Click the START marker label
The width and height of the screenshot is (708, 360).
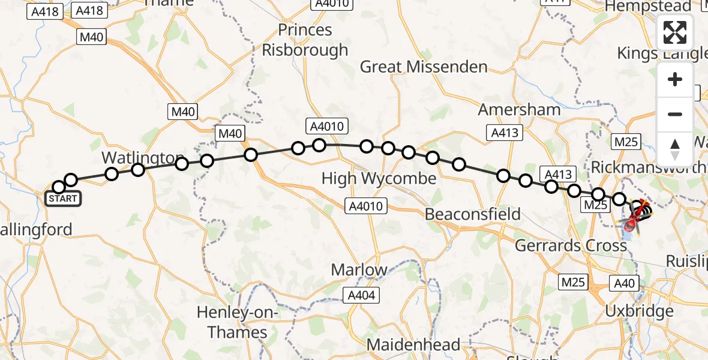pos(63,199)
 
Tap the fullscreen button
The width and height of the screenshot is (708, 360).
pos(675,32)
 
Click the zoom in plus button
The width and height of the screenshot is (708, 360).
pos(675,80)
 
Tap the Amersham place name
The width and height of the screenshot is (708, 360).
pos(519,110)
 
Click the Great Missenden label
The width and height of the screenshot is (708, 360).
pos(423,67)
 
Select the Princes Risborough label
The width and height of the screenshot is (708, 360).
pos(305,40)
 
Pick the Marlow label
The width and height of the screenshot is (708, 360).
pos(359,269)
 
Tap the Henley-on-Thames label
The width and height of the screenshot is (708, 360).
pos(232,322)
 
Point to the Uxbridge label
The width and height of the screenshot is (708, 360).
pos(638,311)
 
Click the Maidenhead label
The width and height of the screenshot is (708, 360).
pos(413,345)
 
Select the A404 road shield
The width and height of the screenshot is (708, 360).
pos(362,295)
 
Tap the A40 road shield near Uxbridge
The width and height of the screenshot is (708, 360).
pos(625,282)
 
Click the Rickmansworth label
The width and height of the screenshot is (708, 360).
pos(648,167)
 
